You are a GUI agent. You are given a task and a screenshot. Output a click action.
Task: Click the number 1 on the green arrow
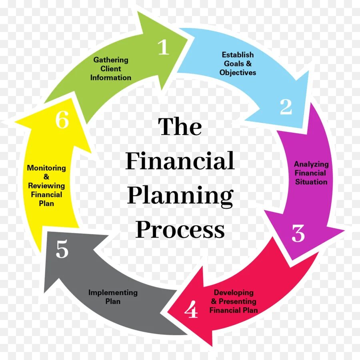coord(164,48)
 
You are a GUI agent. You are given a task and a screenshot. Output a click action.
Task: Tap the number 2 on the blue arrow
coord(286,107)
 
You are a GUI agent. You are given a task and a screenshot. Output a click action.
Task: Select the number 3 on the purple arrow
coord(298,233)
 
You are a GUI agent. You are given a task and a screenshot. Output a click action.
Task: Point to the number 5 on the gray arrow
coord(62,250)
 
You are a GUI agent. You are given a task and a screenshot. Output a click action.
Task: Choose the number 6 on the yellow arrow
coord(62,120)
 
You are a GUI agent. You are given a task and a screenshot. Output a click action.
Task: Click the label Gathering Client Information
coord(111,69)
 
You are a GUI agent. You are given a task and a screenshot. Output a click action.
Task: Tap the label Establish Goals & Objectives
coord(238,64)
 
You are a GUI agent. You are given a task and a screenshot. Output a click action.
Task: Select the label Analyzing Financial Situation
coord(311,173)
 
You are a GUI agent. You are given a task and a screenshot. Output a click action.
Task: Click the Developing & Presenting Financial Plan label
coord(234,301)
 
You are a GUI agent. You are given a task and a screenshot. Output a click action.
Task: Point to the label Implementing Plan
coord(113,297)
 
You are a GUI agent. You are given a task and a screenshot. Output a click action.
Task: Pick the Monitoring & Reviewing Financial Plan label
coord(46,186)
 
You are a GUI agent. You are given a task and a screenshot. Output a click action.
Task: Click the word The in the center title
coord(180,127)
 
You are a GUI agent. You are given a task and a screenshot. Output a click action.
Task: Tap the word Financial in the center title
coord(180,161)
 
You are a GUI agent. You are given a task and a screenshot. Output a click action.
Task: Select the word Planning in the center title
coord(180,196)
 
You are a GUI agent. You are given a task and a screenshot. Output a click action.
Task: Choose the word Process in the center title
coord(180,230)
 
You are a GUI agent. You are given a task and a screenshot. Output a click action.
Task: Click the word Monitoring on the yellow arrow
coord(46,168)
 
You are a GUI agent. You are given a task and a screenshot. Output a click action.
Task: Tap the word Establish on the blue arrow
coord(238,55)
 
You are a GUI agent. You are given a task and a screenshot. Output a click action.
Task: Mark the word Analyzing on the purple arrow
coord(311,164)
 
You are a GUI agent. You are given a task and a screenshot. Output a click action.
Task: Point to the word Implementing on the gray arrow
coord(113,292)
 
